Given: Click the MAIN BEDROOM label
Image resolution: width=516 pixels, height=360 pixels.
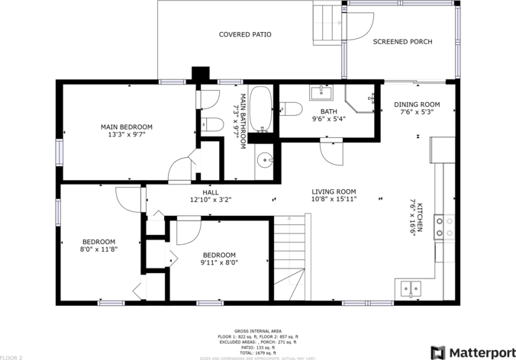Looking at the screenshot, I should pos(127,127).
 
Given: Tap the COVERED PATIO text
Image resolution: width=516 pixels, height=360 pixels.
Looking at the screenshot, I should pos(245,34).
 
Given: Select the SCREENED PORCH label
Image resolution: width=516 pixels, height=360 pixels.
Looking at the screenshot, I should pos(402,42).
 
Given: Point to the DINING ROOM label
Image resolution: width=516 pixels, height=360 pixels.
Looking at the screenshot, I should pos(417,104).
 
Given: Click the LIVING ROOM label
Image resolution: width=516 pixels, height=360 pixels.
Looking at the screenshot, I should pos(334,191).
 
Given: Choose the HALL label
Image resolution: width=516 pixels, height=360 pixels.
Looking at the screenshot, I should pos(211,192).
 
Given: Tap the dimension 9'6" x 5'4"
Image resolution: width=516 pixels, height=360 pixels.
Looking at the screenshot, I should pos(329,119).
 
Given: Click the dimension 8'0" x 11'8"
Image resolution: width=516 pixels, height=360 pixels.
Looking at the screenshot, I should pos(98,249).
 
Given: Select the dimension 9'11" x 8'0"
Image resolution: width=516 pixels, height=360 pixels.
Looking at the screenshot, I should pos(219,262).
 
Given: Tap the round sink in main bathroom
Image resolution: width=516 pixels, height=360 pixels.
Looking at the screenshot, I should pos(263,160).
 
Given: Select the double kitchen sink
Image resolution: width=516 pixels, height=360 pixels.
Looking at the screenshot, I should pos(411,288).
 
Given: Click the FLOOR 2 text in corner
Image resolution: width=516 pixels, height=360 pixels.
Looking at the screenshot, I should pos(11,357).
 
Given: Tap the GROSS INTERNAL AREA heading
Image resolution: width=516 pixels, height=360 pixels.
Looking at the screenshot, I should pos(258,330).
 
